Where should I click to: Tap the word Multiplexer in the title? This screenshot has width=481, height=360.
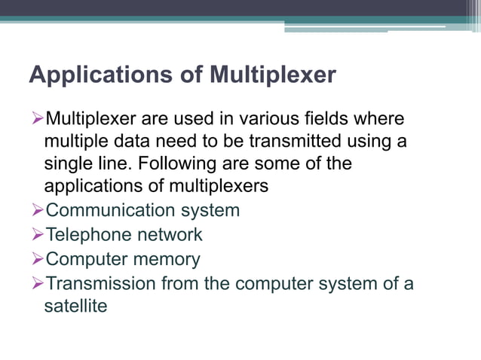point(272,76)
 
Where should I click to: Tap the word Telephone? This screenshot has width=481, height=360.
point(90,235)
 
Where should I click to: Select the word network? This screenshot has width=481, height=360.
point(170,235)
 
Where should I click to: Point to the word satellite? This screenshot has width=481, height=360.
point(75,306)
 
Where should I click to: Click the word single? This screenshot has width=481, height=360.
point(68,163)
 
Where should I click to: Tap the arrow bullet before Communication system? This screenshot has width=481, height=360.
point(37,210)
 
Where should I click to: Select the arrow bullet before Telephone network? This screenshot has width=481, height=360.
point(37,235)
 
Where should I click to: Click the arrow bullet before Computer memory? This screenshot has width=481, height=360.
point(37,260)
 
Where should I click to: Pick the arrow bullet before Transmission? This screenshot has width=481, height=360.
point(37,284)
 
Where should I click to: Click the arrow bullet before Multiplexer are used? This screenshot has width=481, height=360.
point(37,119)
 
